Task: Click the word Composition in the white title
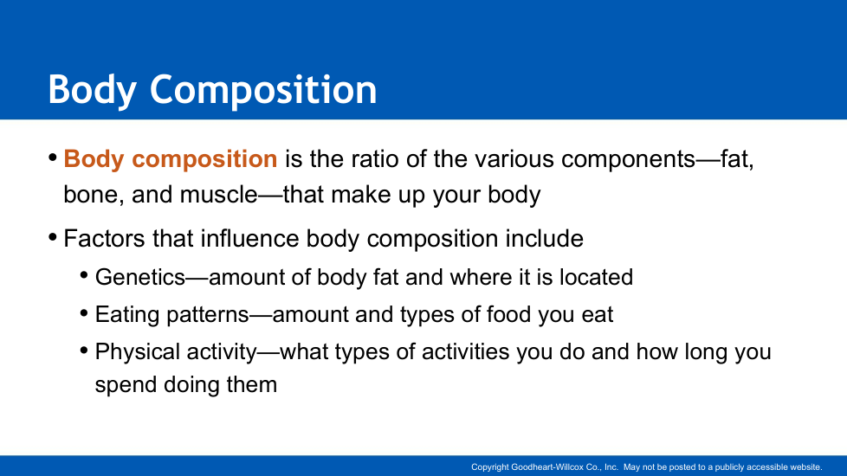[263, 91]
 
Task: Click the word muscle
[218, 194]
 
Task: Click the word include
[544, 239]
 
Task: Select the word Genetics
[140, 278]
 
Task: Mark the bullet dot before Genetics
[84, 276]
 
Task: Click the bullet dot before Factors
[53, 237]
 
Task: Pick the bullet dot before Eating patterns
[84, 313]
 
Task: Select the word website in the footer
[806, 467]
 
